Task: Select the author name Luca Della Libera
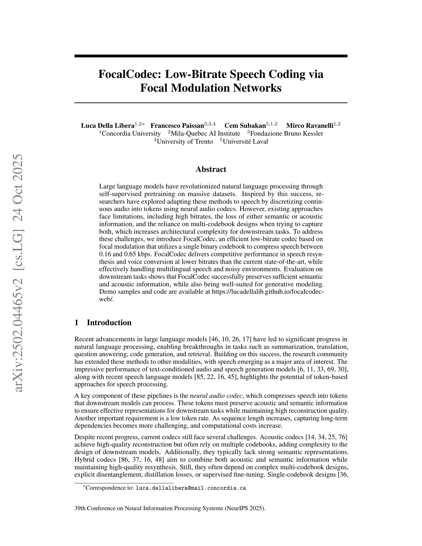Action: click(x=108, y=125)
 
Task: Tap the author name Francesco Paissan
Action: click(x=177, y=125)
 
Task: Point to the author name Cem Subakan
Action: click(x=245, y=125)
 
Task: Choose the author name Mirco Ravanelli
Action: click(x=310, y=125)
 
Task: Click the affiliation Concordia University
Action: click(x=131, y=134)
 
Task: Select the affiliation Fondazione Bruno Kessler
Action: click(x=286, y=134)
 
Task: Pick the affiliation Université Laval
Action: click(x=245, y=142)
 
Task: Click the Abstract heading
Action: click(x=211, y=170)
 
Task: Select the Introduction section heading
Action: click(x=109, y=322)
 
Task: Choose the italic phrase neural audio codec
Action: click(x=216, y=396)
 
